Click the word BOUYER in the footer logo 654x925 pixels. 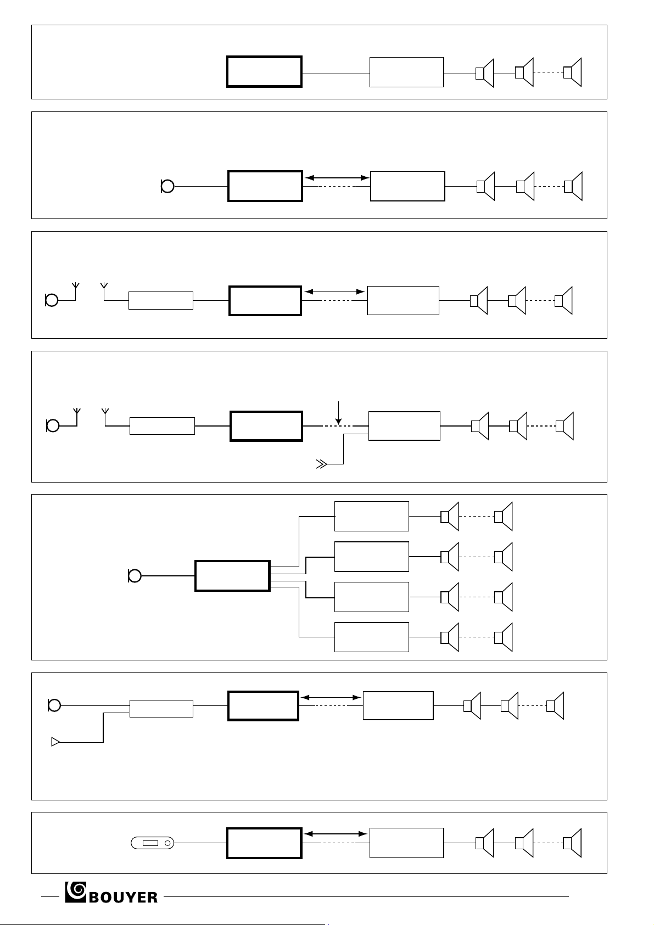123,897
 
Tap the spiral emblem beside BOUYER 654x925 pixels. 76,892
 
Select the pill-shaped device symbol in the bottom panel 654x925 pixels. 153,843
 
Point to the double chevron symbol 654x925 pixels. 321,464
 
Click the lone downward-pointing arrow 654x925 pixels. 338,412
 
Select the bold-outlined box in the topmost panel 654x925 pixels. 265,72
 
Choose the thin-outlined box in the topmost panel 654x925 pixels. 406,72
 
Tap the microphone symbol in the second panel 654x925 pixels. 167,186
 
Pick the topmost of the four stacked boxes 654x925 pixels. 371,516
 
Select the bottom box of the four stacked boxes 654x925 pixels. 371,637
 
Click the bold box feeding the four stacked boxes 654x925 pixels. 233,576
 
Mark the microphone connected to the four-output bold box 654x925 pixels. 135,576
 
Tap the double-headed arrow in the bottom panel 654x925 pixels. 336,834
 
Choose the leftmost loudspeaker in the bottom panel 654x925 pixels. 485,843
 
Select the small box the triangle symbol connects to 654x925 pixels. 161,709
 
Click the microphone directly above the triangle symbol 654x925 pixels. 54,705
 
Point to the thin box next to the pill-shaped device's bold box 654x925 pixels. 406,843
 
